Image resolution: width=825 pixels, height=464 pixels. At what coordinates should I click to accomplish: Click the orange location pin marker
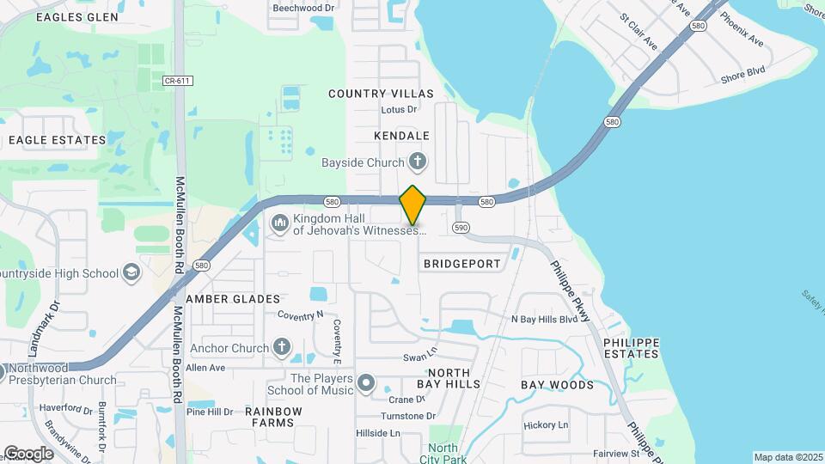click(x=413, y=205)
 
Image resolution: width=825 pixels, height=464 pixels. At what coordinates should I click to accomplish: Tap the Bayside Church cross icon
click(x=418, y=161)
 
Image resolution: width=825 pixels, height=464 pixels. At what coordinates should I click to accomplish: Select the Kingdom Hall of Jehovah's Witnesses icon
click(x=279, y=224)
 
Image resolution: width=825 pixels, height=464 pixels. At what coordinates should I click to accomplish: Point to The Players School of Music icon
click(x=367, y=383)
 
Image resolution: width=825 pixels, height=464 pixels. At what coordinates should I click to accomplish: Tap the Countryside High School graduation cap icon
click(x=131, y=273)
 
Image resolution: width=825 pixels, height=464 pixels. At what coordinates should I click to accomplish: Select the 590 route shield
click(x=461, y=228)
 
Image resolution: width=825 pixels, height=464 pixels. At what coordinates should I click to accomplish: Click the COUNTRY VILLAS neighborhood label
click(x=381, y=93)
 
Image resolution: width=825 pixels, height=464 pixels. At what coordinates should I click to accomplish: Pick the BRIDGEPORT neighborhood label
click(x=462, y=264)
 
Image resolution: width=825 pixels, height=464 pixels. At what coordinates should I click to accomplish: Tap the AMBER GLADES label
click(x=233, y=299)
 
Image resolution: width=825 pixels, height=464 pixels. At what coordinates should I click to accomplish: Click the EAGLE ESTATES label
click(x=57, y=140)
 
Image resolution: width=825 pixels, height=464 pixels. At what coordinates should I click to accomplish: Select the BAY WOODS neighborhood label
click(x=557, y=385)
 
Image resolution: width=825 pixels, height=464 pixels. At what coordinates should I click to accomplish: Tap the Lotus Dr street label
click(x=399, y=110)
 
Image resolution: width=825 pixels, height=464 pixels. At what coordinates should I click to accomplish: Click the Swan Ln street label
click(x=420, y=357)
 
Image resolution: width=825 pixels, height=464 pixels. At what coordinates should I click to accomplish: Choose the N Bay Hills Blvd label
click(x=544, y=320)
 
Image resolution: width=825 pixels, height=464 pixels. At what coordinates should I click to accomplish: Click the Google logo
click(x=28, y=454)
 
